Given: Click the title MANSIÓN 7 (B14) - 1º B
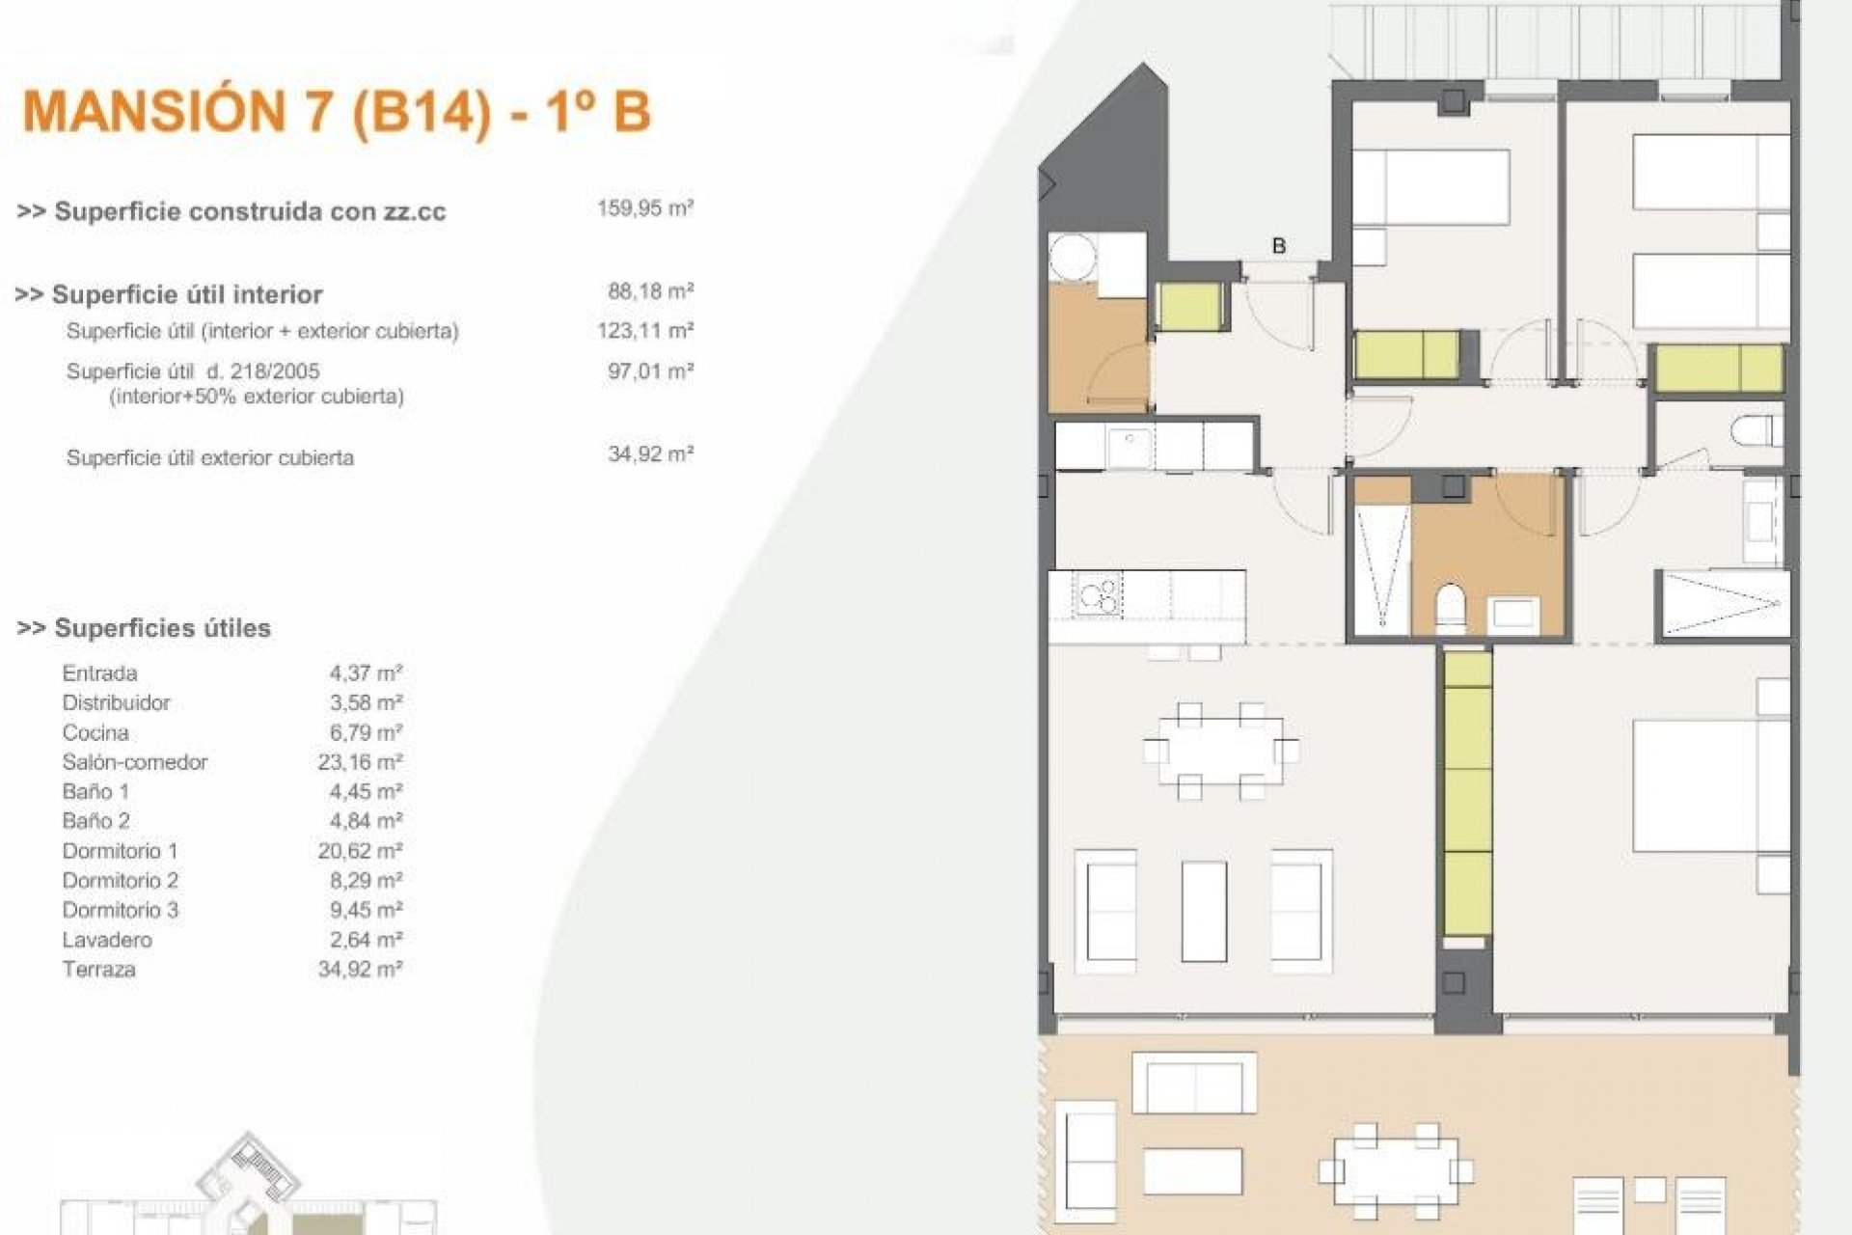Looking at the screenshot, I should (337, 112).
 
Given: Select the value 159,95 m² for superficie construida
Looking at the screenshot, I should (645, 207).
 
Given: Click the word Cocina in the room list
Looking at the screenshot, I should (95, 732).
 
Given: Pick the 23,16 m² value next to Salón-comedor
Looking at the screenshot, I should (360, 762).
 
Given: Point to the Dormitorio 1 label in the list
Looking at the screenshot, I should (120, 851).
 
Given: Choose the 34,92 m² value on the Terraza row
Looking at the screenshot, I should (360, 969).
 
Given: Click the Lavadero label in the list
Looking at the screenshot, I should (107, 939).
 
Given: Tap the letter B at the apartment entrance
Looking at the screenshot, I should (1279, 246).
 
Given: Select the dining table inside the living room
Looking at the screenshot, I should (1220, 751).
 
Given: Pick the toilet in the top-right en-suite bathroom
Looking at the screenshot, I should (1753, 430).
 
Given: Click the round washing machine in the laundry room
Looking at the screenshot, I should (1074, 257).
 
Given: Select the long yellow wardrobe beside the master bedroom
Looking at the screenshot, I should (1467, 791).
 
